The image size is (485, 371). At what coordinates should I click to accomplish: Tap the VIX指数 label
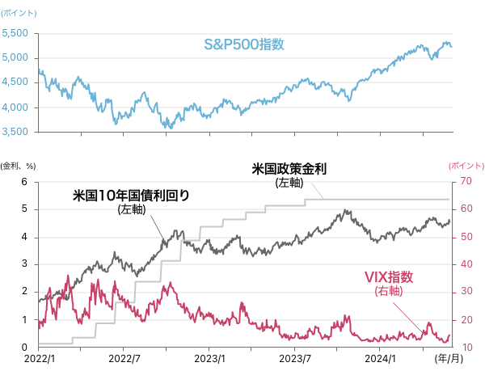point(389,277)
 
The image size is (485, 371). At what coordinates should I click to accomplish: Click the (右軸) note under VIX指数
point(389,291)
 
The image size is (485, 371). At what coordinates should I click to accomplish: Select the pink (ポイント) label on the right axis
point(466,164)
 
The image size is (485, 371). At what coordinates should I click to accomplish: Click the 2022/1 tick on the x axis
point(39,357)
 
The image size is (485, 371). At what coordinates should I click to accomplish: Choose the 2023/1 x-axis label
point(209,357)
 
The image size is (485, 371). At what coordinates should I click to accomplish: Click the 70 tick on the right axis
point(466,182)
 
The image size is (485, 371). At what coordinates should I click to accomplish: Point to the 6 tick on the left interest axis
point(24,182)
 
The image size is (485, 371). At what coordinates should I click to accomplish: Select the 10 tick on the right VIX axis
point(466,348)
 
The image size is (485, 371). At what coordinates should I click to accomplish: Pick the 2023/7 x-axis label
point(295,357)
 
